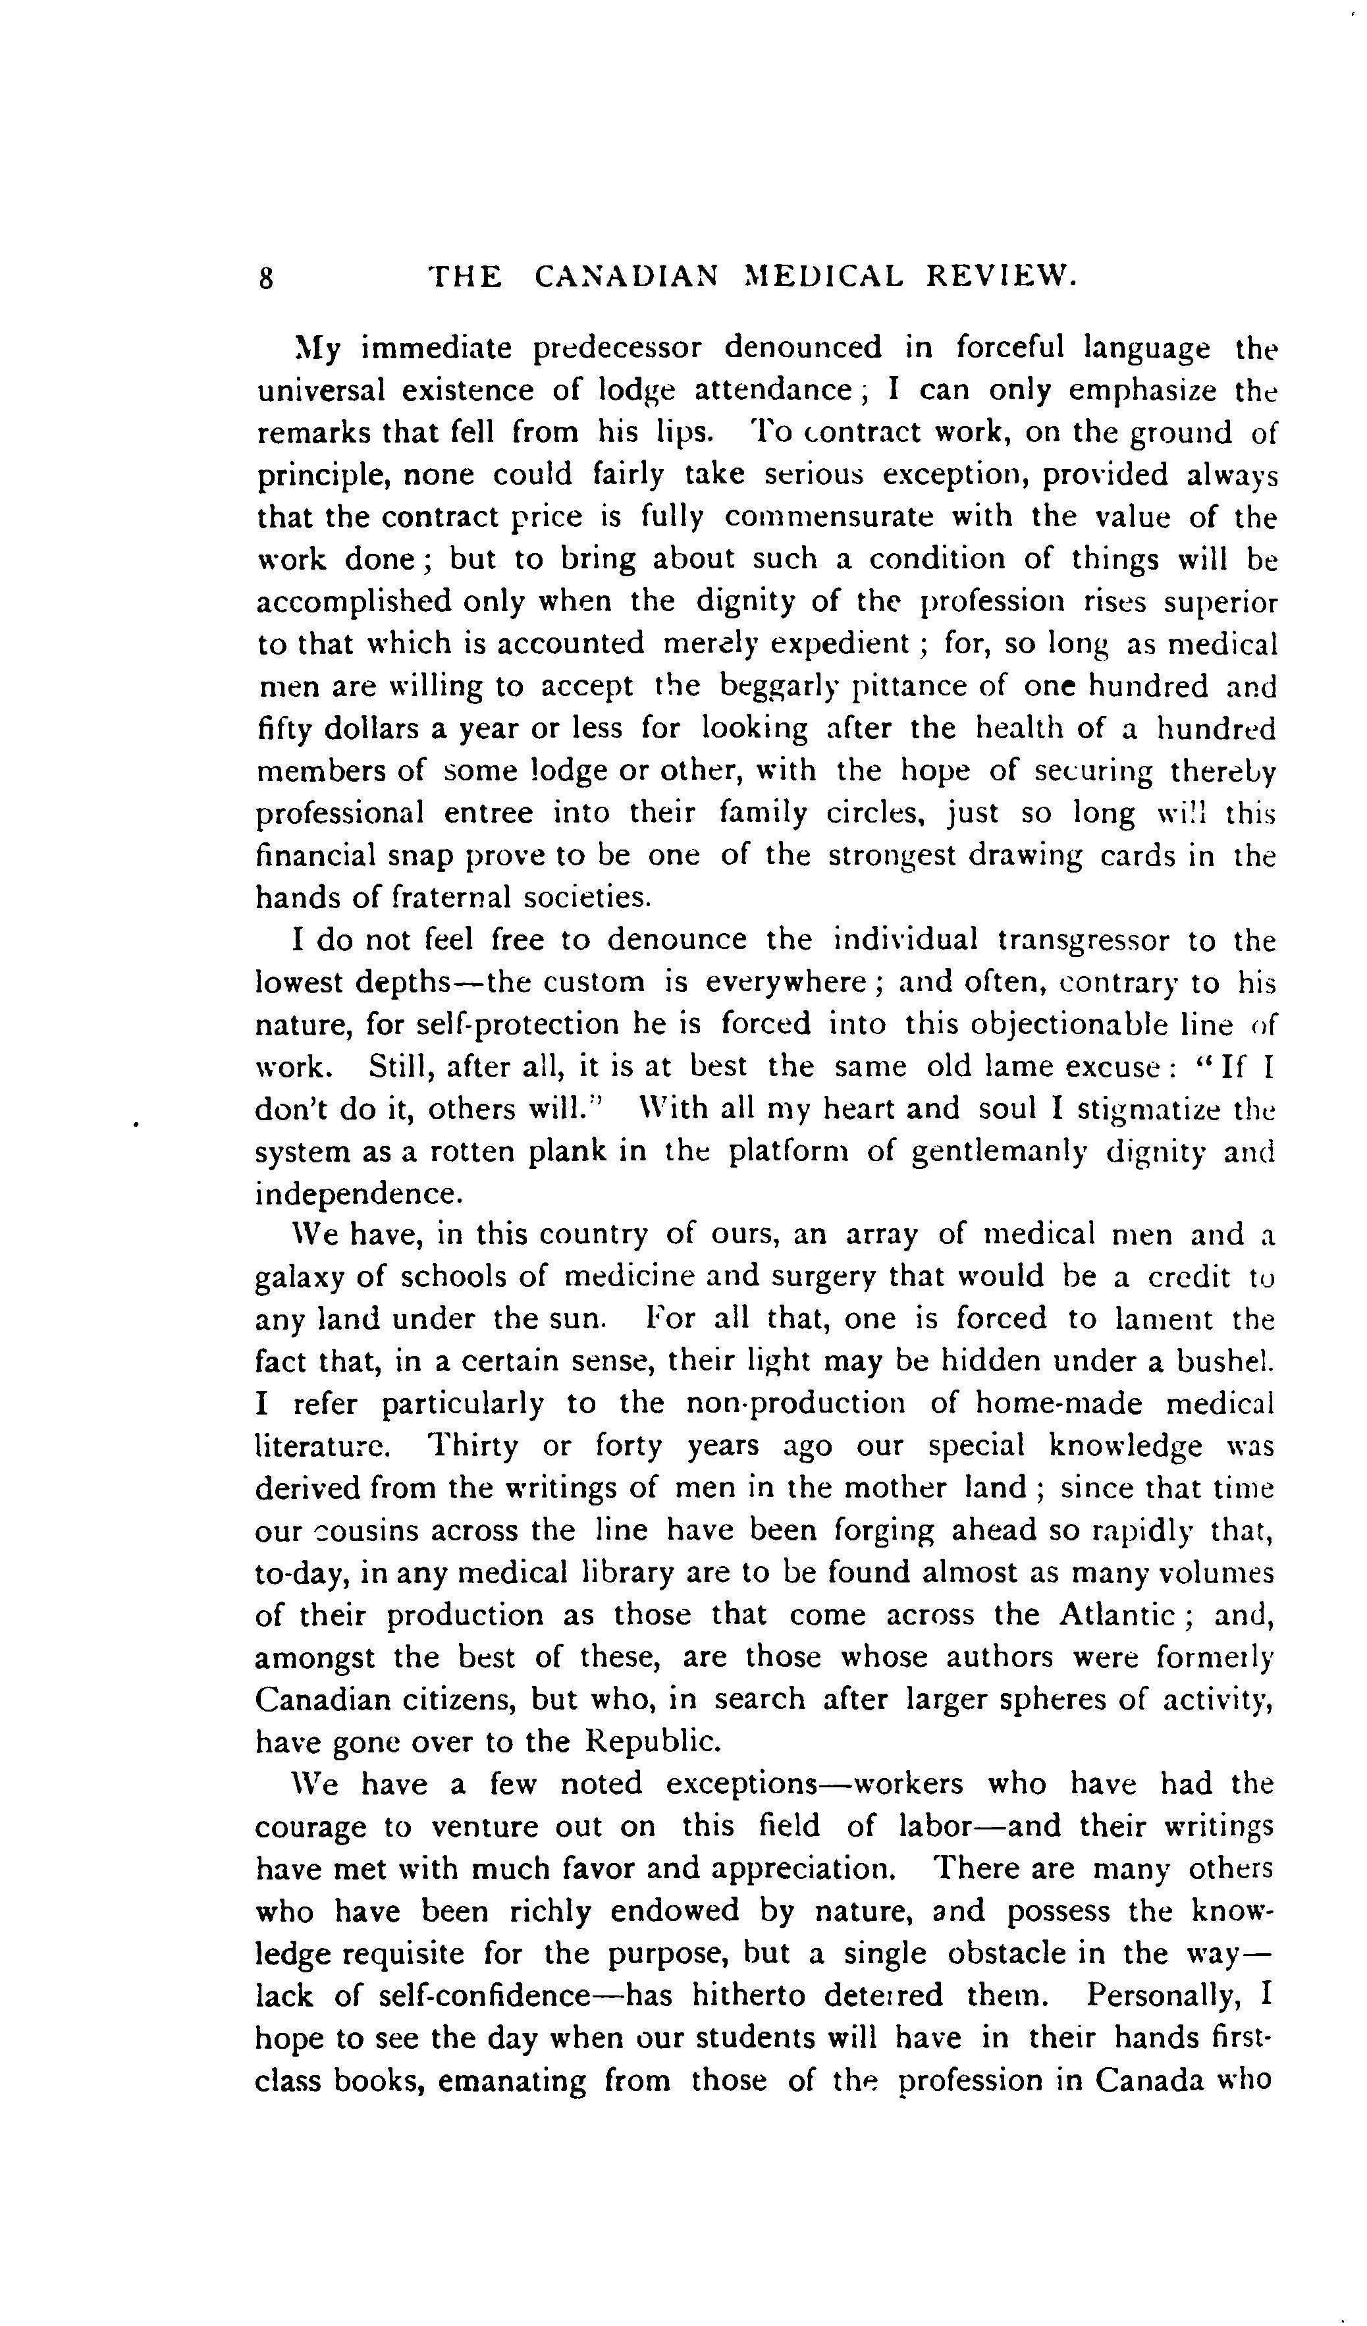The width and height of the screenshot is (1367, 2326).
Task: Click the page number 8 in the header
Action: click(x=266, y=279)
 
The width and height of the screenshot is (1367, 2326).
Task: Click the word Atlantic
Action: click(x=1116, y=1615)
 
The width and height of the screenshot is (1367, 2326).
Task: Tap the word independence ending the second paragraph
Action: click(x=357, y=1195)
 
